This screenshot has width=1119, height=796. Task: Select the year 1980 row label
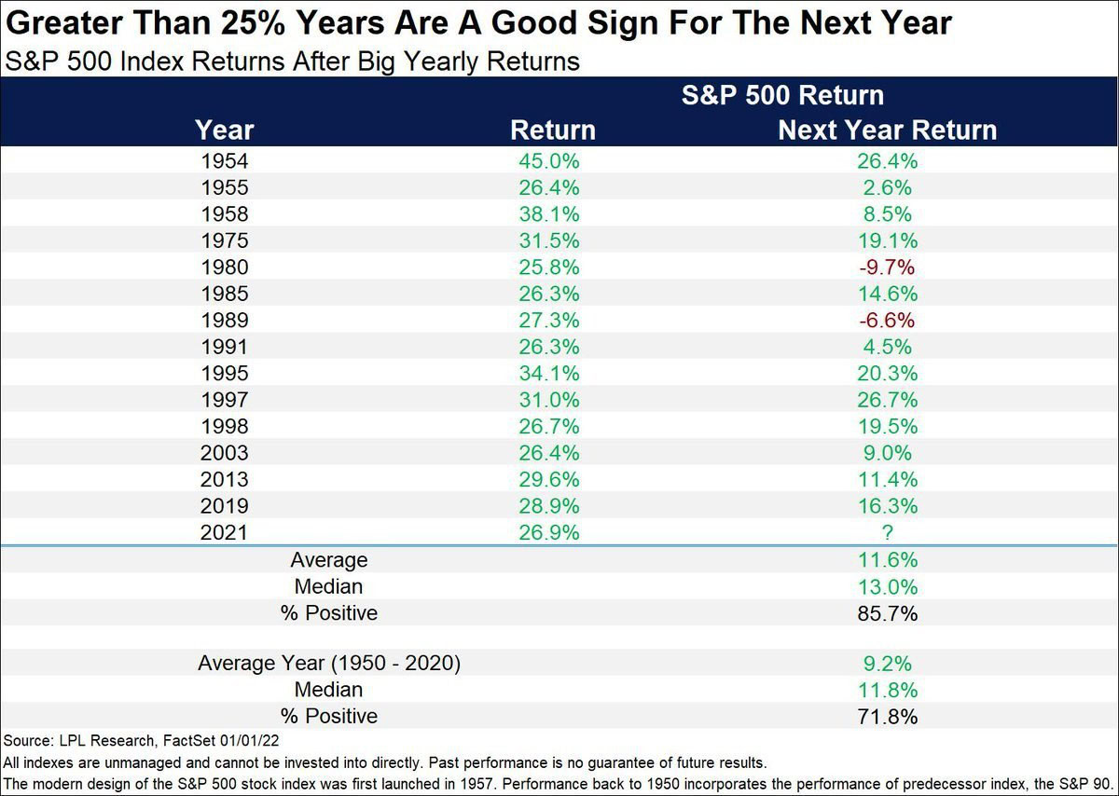(x=225, y=268)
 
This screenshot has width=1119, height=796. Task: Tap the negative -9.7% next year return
(x=887, y=268)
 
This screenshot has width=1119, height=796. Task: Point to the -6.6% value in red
(x=887, y=321)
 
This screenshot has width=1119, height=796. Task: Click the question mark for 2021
(x=887, y=532)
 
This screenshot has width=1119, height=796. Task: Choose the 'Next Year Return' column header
(x=887, y=130)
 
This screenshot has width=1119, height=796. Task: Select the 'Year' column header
(x=225, y=130)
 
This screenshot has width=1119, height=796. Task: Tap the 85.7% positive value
(x=887, y=613)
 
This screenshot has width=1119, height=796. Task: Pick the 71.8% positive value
(x=887, y=716)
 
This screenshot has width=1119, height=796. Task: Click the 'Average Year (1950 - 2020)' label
(x=329, y=664)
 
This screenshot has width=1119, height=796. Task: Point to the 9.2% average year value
(x=887, y=664)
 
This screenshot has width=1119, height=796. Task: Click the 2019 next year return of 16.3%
(x=887, y=506)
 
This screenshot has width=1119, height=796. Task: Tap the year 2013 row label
(x=225, y=479)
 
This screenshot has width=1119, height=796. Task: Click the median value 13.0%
(x=887, y=587)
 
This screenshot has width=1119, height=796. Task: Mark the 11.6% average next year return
(x=887, y=560)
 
